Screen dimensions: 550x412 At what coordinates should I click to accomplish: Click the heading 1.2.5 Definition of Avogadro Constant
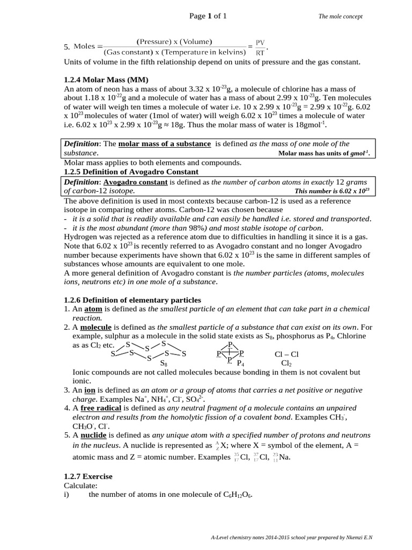point(131,172)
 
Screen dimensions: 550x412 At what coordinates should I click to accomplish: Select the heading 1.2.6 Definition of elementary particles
point(132,300)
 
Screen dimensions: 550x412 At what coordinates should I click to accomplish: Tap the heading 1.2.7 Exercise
point(88,476)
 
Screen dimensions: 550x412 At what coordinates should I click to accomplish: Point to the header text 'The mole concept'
point(340,17)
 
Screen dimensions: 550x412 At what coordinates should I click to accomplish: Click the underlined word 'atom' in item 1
point(93,309)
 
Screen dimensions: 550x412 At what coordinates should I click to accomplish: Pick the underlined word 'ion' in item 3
point(90,390)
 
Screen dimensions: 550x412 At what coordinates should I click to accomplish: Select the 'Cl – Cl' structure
point(286,354)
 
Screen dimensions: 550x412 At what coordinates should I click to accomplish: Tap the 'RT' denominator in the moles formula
point(260,53)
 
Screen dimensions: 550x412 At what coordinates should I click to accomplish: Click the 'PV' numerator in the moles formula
point(260,42)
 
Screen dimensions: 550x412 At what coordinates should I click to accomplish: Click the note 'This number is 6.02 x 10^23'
point(332,191)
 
